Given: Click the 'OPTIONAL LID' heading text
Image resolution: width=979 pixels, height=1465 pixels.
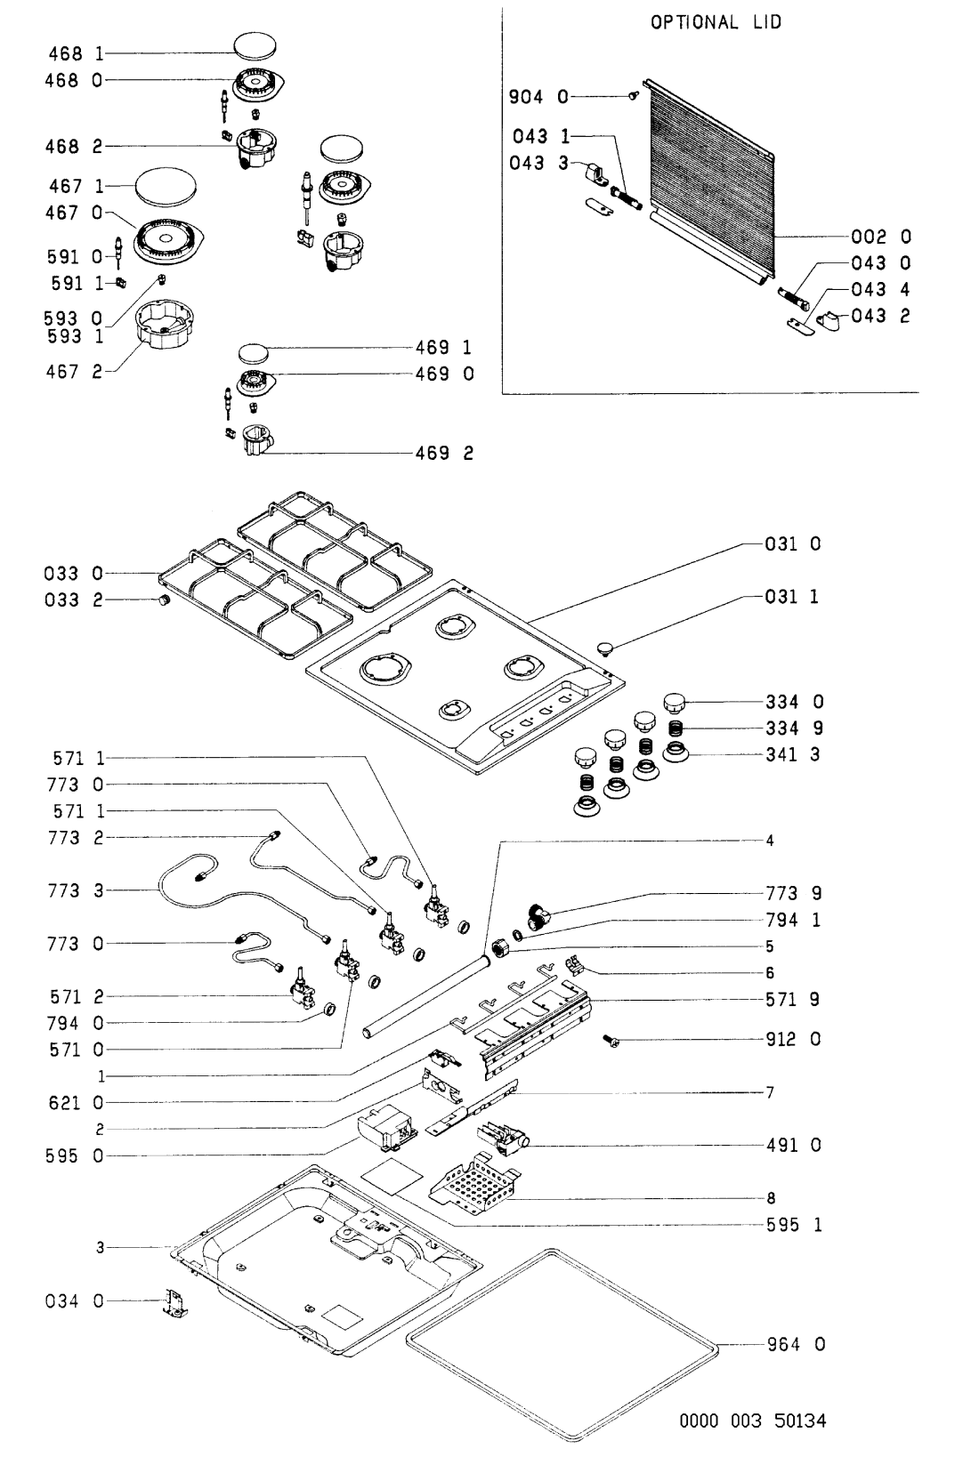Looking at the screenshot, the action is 716,22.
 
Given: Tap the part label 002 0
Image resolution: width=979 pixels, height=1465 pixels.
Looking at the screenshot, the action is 881,236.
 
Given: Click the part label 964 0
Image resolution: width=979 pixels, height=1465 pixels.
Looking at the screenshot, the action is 796,1345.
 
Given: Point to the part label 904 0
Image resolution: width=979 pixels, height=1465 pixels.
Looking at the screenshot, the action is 538,97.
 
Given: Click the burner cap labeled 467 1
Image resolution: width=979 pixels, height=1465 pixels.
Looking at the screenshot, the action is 166,187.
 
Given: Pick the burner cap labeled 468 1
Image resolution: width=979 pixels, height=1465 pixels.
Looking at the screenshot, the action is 255,46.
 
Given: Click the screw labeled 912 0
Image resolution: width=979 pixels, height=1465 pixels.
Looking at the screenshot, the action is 612,1039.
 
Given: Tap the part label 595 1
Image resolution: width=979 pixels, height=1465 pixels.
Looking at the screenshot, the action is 794,1224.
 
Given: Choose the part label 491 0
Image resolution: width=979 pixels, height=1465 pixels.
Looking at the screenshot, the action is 793,1145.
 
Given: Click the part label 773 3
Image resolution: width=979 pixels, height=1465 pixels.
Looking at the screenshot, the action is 76,890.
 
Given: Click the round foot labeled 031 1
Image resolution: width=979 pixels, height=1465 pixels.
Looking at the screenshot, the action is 605,648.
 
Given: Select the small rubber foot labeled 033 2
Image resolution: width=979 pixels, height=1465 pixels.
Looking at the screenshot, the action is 164,601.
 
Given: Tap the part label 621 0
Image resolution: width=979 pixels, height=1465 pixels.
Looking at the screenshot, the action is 76,1103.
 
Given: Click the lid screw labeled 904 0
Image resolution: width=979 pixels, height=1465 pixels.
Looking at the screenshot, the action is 633,95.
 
